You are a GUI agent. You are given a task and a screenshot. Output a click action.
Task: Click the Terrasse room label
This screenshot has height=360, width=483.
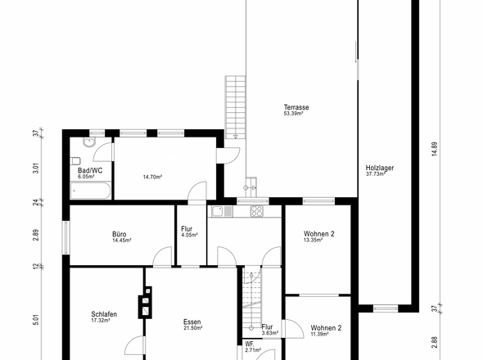coord(296,107)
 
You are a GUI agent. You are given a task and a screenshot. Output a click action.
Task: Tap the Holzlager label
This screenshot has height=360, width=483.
coord(380,168)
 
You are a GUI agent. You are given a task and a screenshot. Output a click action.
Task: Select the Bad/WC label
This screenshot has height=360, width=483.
coord(90,170)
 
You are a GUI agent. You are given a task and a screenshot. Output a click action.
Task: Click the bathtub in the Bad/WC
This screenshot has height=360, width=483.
coord(90,191)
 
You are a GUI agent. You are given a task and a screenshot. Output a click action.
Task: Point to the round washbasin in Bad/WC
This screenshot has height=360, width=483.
coord(89,142)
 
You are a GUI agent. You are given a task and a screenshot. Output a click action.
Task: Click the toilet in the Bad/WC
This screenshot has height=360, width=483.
coord(75,161)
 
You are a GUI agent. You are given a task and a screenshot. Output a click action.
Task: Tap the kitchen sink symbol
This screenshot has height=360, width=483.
coord(222,211)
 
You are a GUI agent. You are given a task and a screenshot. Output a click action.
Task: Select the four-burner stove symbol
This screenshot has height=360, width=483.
coord(256,211)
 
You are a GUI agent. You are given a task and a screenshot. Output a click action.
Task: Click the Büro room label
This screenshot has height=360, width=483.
coord(120,234)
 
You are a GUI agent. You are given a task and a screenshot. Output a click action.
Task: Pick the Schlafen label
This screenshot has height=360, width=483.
coord(104,314)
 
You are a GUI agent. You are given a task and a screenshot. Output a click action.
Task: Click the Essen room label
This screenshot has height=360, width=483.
coord(192,322)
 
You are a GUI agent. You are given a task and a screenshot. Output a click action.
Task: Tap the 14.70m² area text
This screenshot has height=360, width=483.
coord(152,177)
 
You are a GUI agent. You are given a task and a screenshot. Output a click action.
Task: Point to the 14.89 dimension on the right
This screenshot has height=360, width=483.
coord(435,149)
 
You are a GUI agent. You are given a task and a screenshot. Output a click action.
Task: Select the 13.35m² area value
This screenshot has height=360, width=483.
coord(313,240)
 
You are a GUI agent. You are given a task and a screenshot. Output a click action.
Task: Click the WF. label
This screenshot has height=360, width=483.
coord(250,344)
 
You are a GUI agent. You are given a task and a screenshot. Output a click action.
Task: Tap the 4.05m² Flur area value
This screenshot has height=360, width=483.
coord(189,235)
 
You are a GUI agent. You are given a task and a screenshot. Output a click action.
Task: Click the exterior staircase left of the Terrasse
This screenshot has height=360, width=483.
coord(236,107)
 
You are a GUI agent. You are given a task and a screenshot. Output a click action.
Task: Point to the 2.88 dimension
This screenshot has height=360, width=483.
coord(435,343)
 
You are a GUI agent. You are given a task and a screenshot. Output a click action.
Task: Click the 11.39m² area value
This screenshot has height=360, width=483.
coord(320,334)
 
